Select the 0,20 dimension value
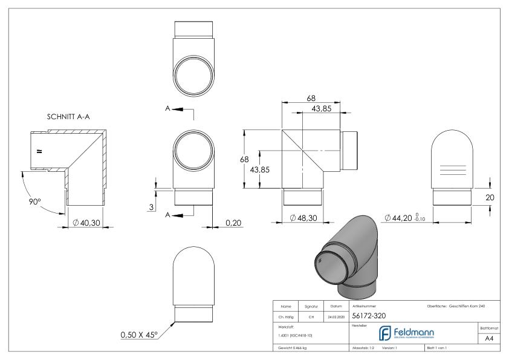click(234, 222)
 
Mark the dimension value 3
click(152, 207)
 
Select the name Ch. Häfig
click(285, 316)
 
